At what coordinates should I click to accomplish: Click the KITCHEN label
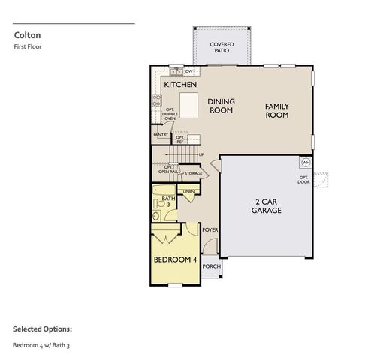coord(181,85)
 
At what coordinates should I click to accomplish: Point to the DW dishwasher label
coord(189,71)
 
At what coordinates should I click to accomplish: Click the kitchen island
coord(188,101)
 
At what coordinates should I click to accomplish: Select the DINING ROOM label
coord(221,106)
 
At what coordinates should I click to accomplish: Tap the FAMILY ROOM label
coord(277,111)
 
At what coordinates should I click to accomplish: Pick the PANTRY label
coord(161,135)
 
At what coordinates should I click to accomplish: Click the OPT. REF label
coord(180,139)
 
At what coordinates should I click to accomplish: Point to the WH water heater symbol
coord(306,162)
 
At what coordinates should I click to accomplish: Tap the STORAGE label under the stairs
coord(193,173)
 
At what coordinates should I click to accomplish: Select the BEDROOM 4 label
coord(175,259)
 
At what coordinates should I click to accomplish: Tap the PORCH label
coord(211,266)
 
